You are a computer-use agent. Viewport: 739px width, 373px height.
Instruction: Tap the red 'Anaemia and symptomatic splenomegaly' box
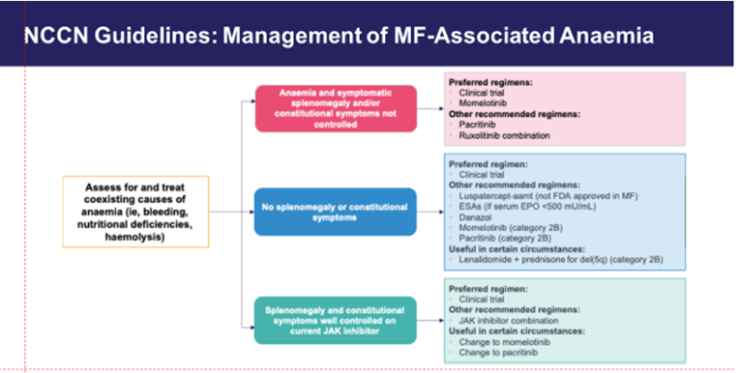(x=335, y=106)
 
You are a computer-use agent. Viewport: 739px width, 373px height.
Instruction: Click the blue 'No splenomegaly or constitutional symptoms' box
(x=335, y=211)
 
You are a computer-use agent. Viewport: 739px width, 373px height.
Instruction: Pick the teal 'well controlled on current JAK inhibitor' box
(x=335, y=320)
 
